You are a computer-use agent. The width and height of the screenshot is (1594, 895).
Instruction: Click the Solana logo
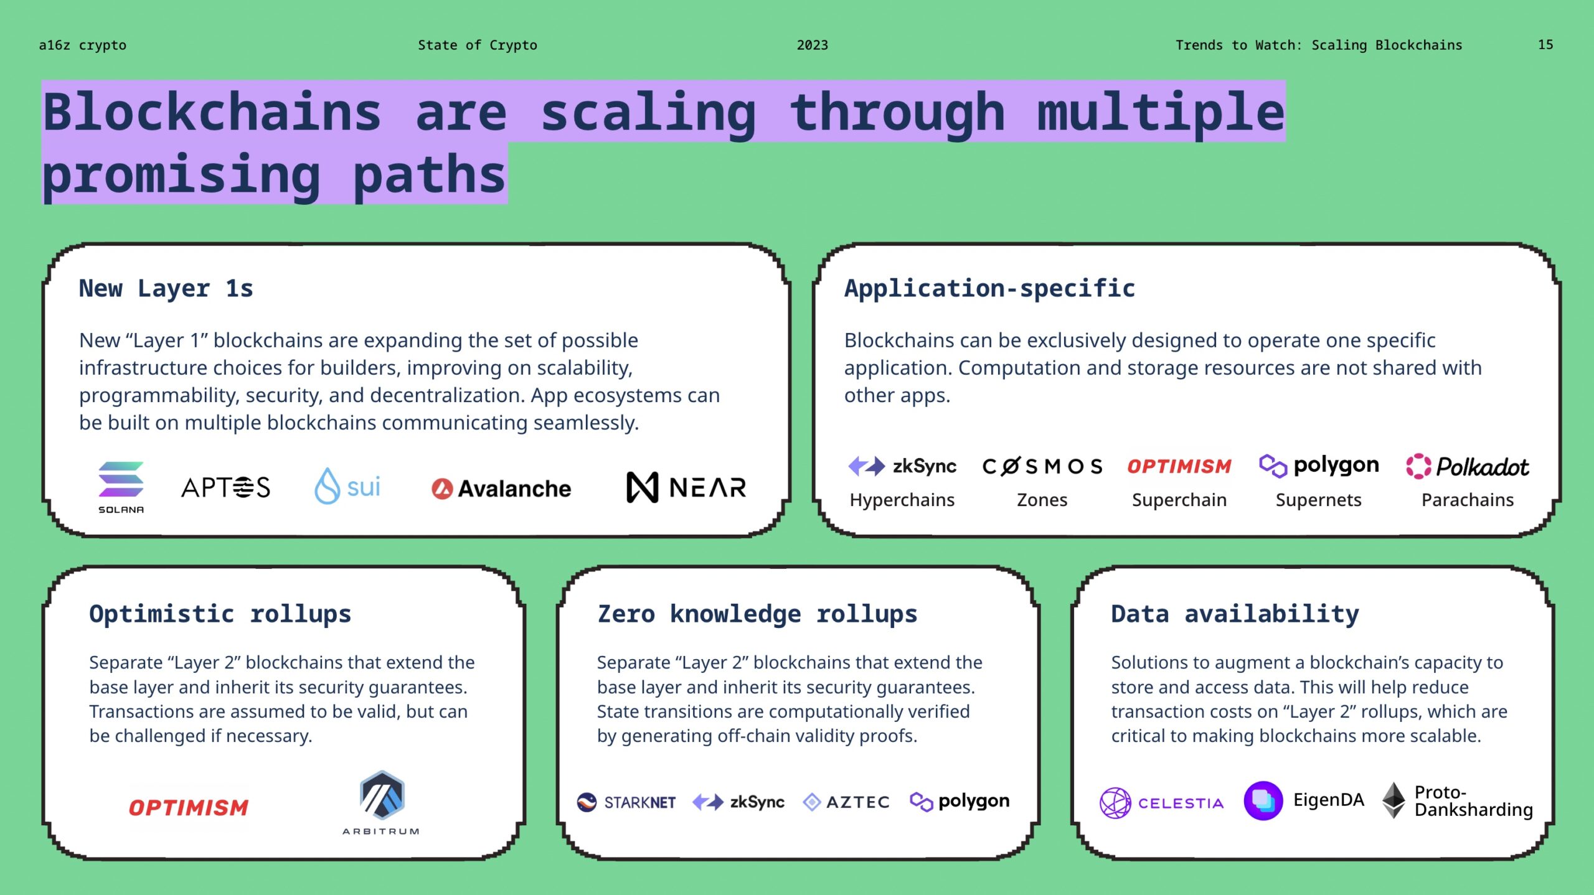[121, 486]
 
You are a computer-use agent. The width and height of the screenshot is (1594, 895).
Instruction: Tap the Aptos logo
[225, 487]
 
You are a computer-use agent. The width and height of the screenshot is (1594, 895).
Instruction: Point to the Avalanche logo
[501, 489]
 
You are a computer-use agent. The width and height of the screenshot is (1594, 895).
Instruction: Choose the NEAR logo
[686, 487]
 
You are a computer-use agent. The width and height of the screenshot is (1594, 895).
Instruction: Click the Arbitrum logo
[381, 801]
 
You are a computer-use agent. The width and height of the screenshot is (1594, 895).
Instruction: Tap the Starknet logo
[626, 802]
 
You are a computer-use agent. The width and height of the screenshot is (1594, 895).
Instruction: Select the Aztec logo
[846, 802]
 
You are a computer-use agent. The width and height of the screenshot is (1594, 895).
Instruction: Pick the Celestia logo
[1161, 803]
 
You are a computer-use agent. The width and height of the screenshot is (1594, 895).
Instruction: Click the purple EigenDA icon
[1263, 800]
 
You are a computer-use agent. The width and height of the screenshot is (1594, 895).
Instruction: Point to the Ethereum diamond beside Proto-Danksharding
[1394, 800]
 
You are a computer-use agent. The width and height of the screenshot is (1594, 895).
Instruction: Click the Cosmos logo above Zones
[1042, 466]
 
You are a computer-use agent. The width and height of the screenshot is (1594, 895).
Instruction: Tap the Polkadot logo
[1468, 466]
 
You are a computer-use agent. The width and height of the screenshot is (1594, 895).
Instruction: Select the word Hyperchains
[902, 500]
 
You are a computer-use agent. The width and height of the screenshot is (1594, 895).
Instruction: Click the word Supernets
[1318, 500]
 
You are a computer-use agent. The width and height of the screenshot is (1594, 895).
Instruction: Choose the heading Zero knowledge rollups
[757, 614]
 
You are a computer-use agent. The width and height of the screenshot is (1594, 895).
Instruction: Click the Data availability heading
[1235, 614]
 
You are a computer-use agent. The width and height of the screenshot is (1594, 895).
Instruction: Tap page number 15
[1545, 45]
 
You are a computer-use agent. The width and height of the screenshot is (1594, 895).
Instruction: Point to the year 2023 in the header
[813, 45]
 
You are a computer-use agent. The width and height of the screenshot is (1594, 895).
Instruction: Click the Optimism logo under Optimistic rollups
[189, 808]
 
